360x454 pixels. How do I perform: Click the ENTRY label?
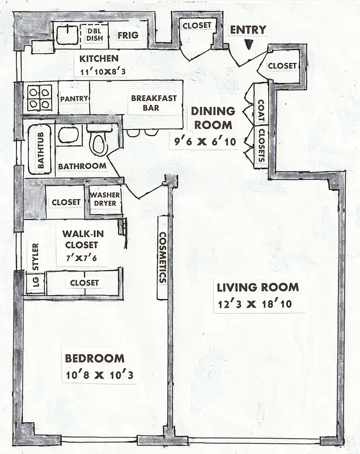tap(247, 30)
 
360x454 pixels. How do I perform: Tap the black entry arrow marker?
tap(248, 44)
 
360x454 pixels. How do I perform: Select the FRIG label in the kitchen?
tap(125, 35)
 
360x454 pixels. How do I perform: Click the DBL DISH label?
tap(94, 35)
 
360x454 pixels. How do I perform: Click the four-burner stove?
tap(39, 98)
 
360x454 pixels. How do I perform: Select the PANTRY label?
tap(74, 98)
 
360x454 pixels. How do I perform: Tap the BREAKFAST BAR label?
tap(154, 102)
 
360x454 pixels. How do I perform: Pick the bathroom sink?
tap(69, 135)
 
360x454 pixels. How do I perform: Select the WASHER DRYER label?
tap(105, 199)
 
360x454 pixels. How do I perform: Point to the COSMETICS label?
tap(162, 257)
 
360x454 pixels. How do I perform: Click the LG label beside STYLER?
tap(35, 283)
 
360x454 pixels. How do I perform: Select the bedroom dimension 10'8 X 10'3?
tap(99, 375)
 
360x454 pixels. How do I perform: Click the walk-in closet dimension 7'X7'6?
tap(80, 257)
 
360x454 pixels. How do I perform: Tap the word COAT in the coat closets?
tap(261, 112)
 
